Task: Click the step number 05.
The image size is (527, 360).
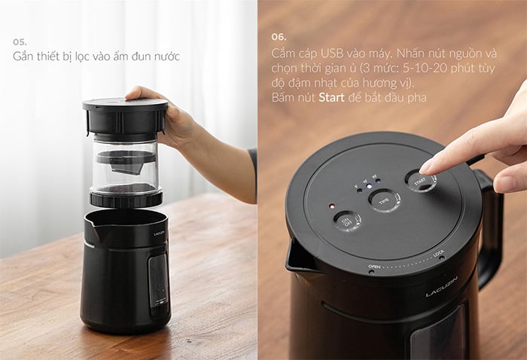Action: [x=20, y=41]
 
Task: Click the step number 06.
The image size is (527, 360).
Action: [x=278, y=35]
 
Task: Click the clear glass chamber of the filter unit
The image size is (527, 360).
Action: [x=124, y=162]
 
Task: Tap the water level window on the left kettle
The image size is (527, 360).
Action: [x=157, y=279]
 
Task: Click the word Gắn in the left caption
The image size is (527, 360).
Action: [x=23, y=57]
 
